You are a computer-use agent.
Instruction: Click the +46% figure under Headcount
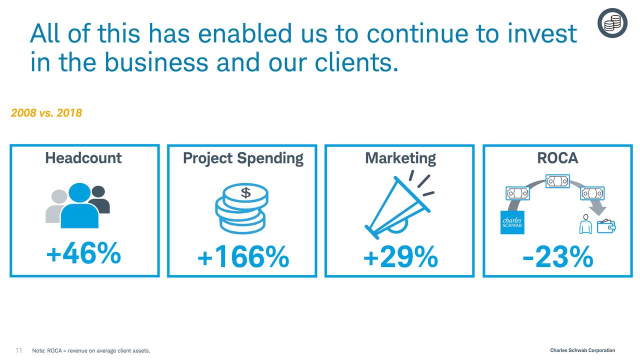click(83, 253)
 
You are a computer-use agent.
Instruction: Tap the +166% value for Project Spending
click(243, 257)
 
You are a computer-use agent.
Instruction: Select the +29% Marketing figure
click(400, 257)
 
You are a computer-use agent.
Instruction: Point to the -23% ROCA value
click(557, 257)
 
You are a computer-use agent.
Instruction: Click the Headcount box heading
click(83, 157)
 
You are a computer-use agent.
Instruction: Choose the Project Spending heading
click(243, 158)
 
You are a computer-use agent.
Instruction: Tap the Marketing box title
click(400, 158)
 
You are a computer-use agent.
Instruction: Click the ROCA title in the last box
click(557, 158)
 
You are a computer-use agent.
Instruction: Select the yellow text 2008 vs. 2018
click(46, 113)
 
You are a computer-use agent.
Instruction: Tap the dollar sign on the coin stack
click(245, 193)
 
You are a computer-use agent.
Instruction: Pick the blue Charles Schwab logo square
click(512, 222)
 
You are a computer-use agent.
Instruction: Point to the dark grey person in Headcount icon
click(100, 200)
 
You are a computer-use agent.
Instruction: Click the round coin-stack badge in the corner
click(612, 23)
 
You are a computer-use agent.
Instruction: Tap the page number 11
click(19, 350)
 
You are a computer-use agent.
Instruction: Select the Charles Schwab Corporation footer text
click(582, 350)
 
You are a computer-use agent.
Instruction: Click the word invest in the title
click(542, 33)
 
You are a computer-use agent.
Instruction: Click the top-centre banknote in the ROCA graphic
click(557, 181)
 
